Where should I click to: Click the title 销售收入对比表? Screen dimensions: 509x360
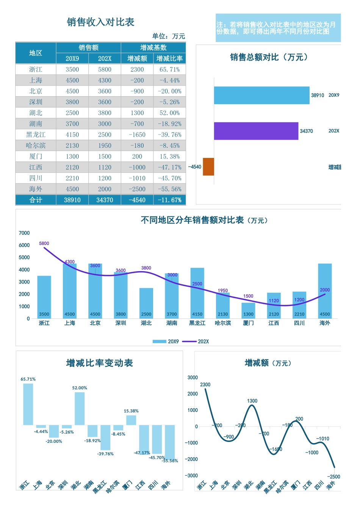100,22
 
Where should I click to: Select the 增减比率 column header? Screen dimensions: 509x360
169,58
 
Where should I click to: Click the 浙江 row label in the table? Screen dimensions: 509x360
36,69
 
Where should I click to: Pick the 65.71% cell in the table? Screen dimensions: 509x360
169,69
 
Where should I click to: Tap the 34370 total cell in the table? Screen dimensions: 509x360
105,200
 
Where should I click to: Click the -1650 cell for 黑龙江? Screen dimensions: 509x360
137,135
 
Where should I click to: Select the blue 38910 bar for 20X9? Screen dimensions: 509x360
261,95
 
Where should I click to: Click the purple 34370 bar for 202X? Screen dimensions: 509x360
256,131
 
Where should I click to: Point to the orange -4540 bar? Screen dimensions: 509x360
208,167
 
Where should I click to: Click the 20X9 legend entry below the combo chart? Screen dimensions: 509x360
166,342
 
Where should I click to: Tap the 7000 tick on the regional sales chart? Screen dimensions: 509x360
24,233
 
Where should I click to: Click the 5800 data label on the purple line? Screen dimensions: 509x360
44,244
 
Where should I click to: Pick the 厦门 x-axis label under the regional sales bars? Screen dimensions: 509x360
248,323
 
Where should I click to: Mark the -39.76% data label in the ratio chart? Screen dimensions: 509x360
105,454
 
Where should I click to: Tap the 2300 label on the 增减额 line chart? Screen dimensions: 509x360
205,385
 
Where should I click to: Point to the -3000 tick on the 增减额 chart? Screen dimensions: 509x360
192,476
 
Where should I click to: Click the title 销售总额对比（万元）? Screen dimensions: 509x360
269,57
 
